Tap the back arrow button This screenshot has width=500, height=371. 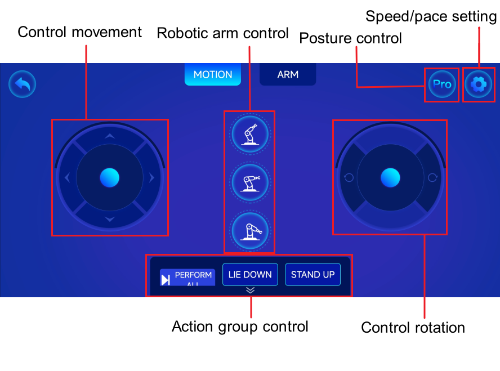click(x=22, y=84)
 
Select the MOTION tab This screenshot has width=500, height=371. click(x=213, y=74)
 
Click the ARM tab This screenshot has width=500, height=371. click(x=288, y=74)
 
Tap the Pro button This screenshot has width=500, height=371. click(x=442, y=84)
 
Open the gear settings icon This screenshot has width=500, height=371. click(x=478, y=84)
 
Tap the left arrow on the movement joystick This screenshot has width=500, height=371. click(x=67, y=177)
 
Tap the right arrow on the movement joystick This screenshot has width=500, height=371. click(x=152, y=177)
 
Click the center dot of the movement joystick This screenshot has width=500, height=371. click(x=109, y=177)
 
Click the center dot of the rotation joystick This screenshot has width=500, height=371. click(x=390, y=177)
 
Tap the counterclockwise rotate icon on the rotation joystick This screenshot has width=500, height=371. click(x=349, y=177)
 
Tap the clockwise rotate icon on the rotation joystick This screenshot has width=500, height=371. click(x=432, y=177)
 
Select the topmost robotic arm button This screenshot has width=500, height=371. click(x=250, y=134)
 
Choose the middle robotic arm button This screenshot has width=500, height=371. click(x=250, y=182)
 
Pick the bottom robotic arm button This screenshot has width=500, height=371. click(x=250, y=231)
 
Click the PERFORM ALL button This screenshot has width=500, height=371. click(x=187, y=278)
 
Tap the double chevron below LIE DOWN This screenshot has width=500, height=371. click(x=251, y=290)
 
